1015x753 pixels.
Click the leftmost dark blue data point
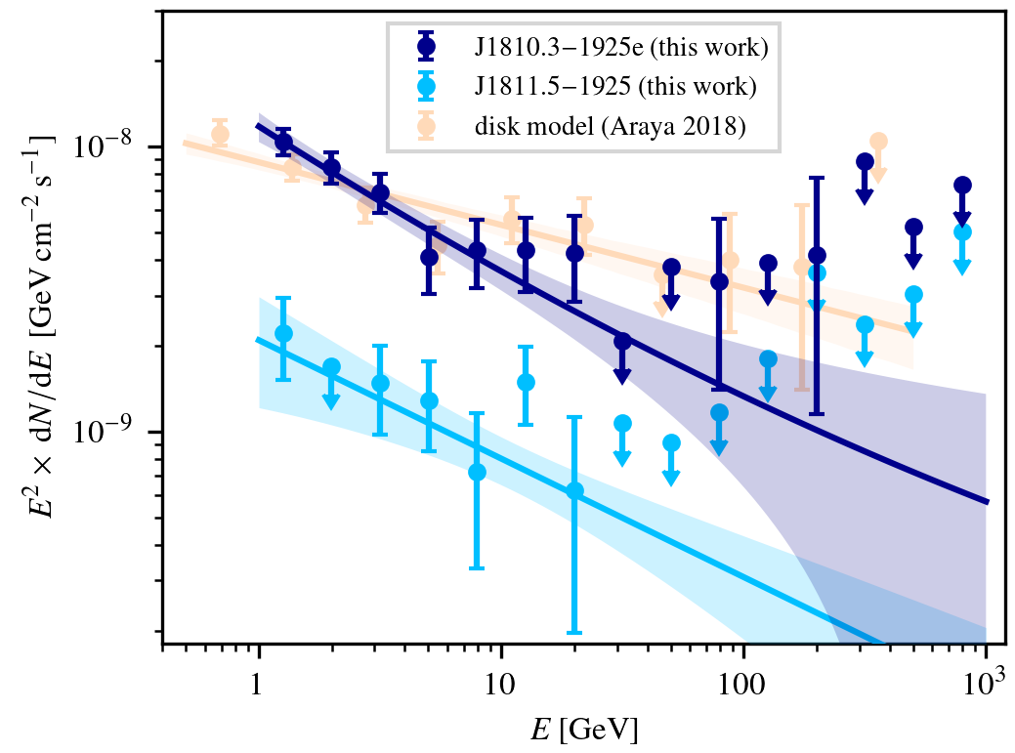[283, 142]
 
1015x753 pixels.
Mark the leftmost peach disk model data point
[221, 134]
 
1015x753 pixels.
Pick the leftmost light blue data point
[283, 333]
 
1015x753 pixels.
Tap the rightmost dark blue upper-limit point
[962, 185]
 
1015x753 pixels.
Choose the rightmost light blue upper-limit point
[962, 231]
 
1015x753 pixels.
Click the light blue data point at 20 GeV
[574, 490]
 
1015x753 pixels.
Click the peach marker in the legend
[426, 127]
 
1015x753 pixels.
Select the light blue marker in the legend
[426, 86]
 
